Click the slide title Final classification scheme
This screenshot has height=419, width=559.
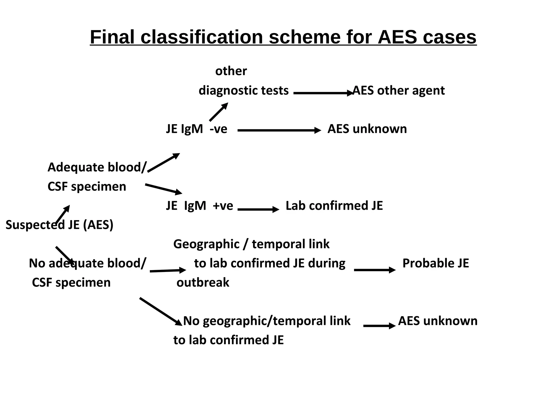pos(283,37)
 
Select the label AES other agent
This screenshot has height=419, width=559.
pos(399,91)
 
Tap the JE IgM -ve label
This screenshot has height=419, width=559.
pos(197,129)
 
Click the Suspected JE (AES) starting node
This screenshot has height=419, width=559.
pos(60,225)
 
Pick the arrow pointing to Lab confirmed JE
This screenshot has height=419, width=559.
pos(258,209)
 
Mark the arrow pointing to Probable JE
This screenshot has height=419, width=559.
pos(374,270)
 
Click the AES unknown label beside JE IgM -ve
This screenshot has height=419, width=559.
pos(367,129)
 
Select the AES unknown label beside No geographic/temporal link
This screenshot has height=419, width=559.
pos(438,321)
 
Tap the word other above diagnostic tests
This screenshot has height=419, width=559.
pos(231,71)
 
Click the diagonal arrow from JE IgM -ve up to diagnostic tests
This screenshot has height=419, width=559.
pos(218,112)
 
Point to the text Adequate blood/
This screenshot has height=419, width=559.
pos(97,167)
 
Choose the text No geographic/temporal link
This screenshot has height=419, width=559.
pos(267,321)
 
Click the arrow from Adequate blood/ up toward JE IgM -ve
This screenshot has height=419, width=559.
pos(163,163)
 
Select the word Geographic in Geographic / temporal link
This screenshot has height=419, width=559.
pos(206,244)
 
